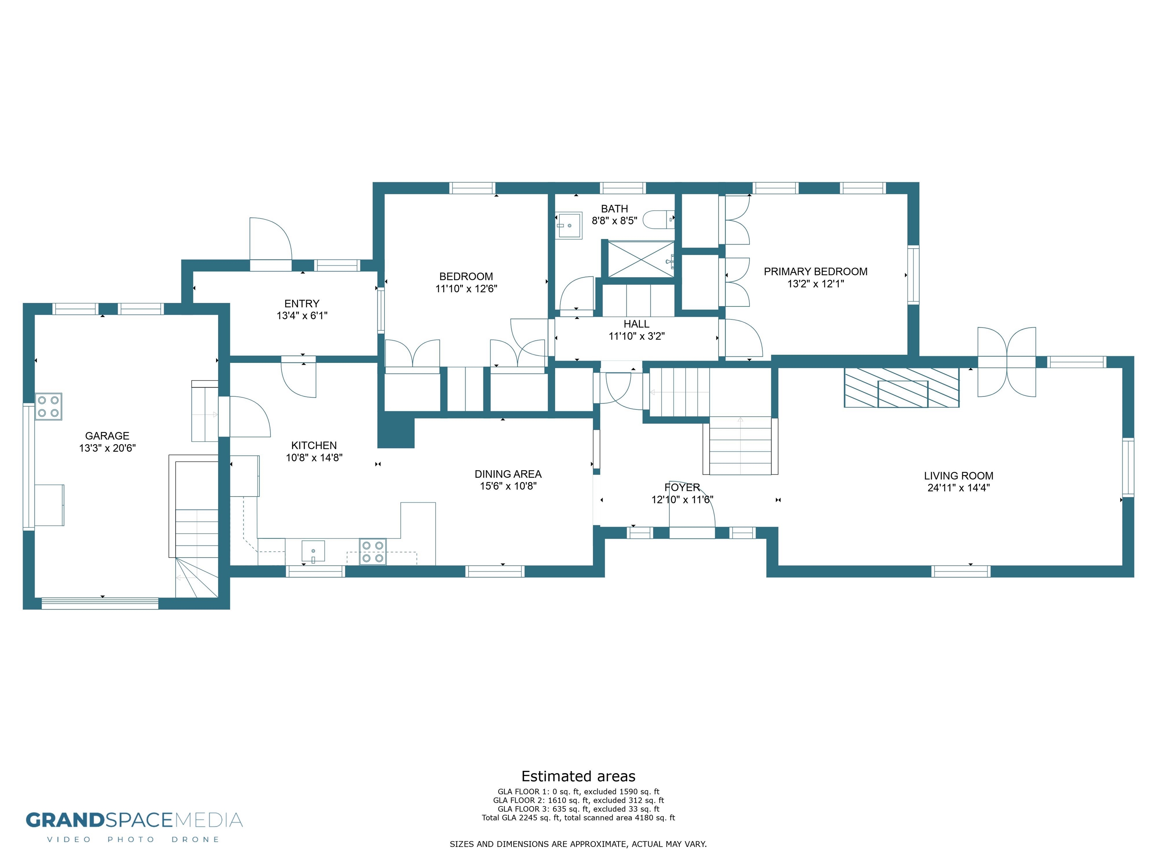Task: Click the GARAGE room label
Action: [x=107, y=436]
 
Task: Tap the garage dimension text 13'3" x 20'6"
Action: [x=107, y=448]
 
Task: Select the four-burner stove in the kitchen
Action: [x=373, y=552]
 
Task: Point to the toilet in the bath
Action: [x=658, y=220]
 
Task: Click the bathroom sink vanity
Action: [x=569, y=225]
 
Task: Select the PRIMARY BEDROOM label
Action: [x=815, y=272]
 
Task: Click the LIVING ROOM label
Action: [x=958, y=475]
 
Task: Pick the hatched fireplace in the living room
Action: [x=902, y=388]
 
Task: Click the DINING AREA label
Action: [x=508, y=474]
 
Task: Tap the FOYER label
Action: [x=682, y=487]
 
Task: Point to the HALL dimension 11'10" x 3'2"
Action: [x=637, y=336]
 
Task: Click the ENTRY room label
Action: [x=302, y=303]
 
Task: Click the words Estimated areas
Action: [x=578, y=776]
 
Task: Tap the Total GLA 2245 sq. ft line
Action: [x=578, y=818]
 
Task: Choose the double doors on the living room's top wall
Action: [x=1007, y=362]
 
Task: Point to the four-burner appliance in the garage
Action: [x=49, y=406]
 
